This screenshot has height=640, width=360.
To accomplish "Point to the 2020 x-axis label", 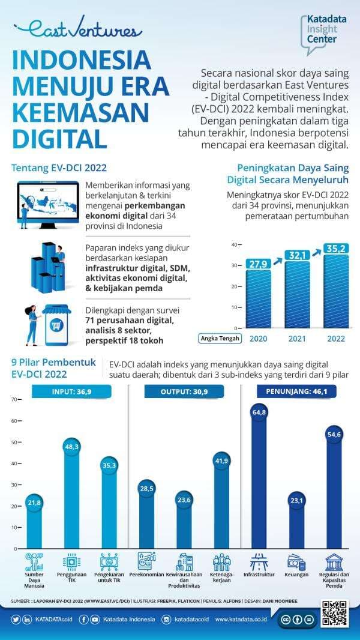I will [258, 338].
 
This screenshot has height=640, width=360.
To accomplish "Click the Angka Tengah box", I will [220, 338].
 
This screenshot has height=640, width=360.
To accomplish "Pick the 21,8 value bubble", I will [34, 502].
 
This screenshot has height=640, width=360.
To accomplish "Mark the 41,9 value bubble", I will [222, 460].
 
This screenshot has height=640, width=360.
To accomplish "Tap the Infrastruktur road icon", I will [259, 562].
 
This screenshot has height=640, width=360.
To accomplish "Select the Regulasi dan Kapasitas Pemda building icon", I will [334, 562].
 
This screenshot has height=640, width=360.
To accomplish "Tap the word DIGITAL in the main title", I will [59, 137].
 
